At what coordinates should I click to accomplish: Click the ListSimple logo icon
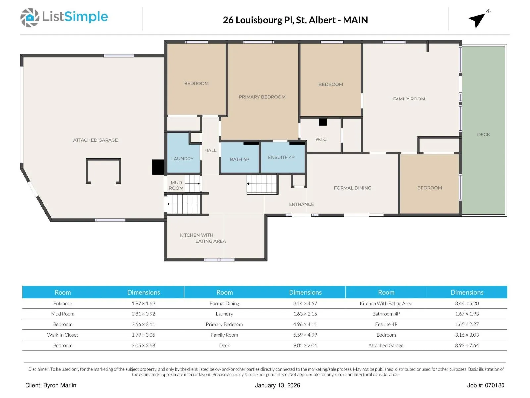pos(30,17)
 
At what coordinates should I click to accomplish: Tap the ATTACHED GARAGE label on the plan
pos(95,140)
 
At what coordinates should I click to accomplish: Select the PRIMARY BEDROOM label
pos(262,97)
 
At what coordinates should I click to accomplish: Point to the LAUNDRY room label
pos(182,159)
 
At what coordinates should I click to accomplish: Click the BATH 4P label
pos(239,159)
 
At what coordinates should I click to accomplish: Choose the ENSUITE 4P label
pos(281,157)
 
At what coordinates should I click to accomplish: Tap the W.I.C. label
pos(321,139)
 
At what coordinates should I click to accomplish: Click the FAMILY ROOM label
pos(409,99)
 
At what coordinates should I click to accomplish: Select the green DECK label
pos(483,135)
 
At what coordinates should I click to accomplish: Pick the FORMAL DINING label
pos(352,188)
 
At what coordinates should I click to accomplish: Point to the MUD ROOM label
pos(176,185)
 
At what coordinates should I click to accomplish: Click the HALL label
pos(210,150)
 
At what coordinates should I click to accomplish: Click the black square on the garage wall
pos(158,167)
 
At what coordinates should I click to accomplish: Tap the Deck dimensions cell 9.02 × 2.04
pos(305,345)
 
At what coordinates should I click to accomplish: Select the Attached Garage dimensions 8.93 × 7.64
pos(467,345)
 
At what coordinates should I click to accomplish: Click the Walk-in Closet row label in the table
pos(63,335)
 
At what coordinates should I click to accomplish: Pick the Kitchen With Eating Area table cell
pos(386,304)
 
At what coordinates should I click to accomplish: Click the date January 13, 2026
pos(278,385)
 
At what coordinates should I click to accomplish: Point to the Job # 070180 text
pos(486,385)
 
